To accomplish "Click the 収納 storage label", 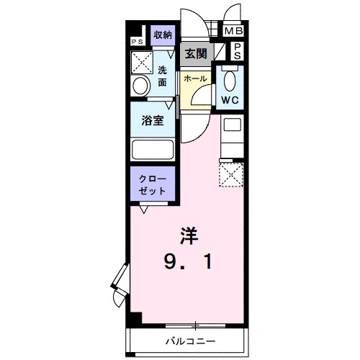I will click(x=163, y=35).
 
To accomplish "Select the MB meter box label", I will click(x=233, y=31).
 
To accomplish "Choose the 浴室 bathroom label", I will click(x=153, y=120).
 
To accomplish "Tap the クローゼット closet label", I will click(x=153, y=184).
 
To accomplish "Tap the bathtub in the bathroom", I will click(x=153, y=150).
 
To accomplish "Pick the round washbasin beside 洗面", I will click(x=141, y=86).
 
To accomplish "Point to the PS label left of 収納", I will click(x=137, y=42).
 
